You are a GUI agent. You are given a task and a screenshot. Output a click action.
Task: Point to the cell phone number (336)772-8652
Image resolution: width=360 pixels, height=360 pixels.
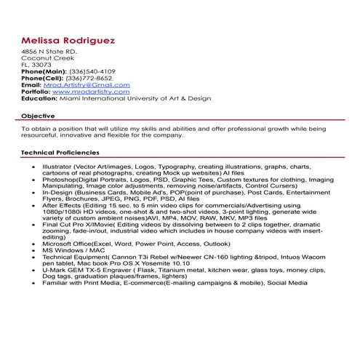pos(90,78)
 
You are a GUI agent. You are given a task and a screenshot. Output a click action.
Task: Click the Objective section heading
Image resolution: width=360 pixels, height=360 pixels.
pos(37,116)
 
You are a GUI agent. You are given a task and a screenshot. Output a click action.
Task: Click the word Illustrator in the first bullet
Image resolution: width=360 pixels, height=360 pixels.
pos(57,167)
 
